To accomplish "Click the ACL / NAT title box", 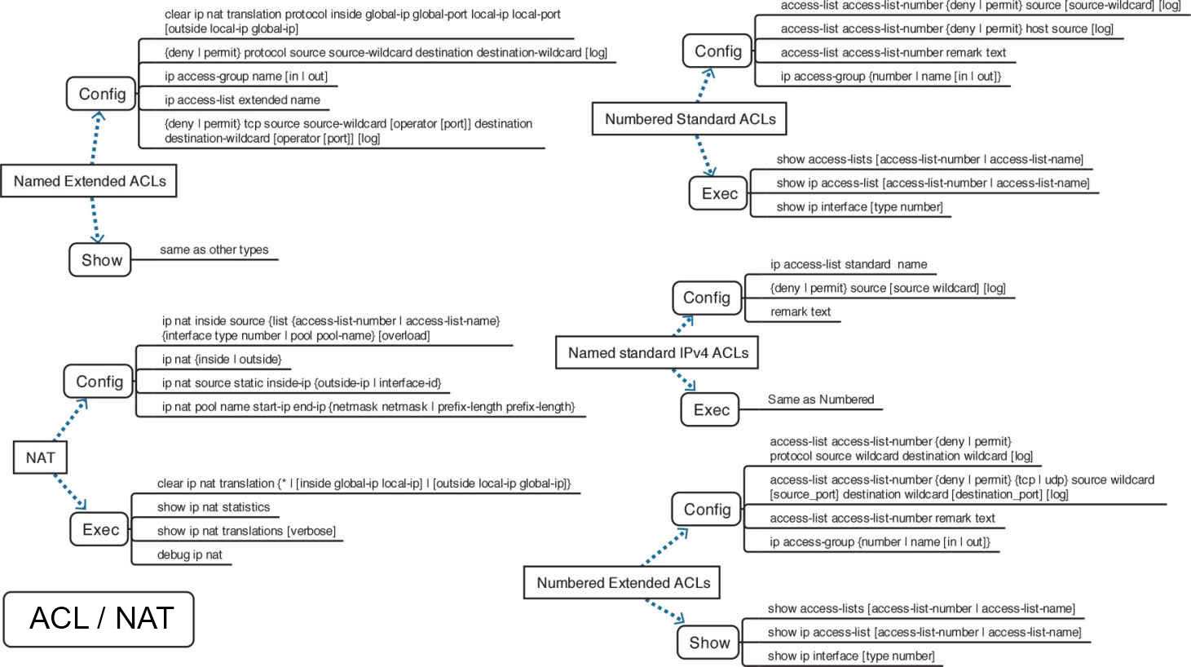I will (x=99, y=619).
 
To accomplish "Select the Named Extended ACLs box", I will (x=89, y=181).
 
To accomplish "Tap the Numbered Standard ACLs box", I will (x=690, y=119).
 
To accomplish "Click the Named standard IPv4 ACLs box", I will (x=657, y=353).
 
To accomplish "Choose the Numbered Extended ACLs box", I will (x=622, y=583).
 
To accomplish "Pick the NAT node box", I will (x=40, y=457).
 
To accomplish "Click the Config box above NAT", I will (x=99, y=382).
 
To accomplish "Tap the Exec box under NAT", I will (x=100, y=530).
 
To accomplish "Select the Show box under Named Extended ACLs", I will (x=100, y=260).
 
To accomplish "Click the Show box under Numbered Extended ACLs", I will (x=708, y=643).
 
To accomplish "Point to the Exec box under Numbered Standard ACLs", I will (x=718, y=194).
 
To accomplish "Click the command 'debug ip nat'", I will (x=189, y=555).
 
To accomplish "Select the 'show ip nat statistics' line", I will (x=213, y=507).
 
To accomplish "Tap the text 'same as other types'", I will (x=214, y=250).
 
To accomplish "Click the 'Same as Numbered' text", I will (x=820, y=400).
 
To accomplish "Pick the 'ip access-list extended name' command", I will (x=242, y=100).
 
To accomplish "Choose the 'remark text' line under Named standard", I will (x=800, y=312).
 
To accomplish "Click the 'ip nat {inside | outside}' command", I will (x=221, y=360).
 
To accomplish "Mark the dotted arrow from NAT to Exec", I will (x=70, y=492).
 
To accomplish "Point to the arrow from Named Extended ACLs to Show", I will (x=95, y=220).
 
